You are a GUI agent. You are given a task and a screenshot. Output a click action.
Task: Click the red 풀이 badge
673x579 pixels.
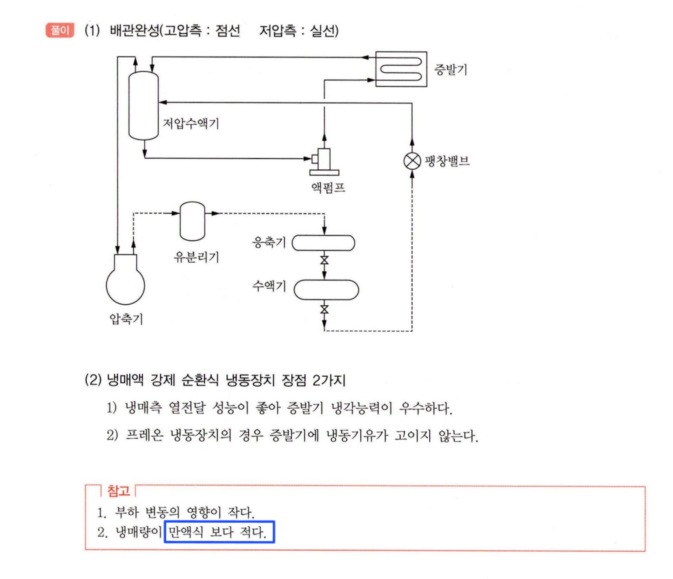point(60,30)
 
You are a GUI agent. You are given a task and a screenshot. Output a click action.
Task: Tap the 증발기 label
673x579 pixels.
point(450,69)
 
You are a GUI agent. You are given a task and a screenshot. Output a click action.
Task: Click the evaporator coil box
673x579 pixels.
point(401,69)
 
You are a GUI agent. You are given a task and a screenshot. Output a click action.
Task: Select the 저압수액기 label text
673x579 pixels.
point(191,123)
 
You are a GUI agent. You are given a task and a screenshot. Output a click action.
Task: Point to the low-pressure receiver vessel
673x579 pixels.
point(144,106)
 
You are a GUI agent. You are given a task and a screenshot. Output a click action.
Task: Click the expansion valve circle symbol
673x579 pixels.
point(412,161)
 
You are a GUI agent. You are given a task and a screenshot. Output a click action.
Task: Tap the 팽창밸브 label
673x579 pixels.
point(447,161)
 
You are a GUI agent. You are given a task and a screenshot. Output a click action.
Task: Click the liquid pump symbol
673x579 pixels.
point(324,162)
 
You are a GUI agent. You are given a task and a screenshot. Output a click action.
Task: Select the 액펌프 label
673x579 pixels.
point(328,187)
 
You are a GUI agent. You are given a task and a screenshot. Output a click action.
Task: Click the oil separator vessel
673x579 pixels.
point(192,221)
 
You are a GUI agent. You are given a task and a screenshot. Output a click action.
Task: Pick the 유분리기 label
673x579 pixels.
point(196,257)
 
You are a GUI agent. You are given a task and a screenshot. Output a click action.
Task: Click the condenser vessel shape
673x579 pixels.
point(324,243)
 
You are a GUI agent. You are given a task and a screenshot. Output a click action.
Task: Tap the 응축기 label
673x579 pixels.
point(269,242)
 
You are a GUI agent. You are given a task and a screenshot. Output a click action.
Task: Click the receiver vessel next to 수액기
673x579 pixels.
point(326,290)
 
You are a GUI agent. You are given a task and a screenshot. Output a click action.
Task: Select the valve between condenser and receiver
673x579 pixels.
point(324,260)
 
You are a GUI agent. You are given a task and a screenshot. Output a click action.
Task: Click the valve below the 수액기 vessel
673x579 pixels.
point(324,309)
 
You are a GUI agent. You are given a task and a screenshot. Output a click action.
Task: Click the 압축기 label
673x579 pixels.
point(126,319)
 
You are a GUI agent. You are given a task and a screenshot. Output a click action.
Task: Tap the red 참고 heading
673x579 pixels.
point(118,491)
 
